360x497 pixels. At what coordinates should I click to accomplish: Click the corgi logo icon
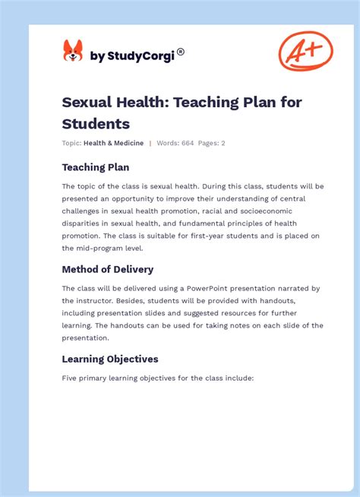click(73, 52)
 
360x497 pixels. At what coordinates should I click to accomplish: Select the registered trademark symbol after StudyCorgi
click(181, 52)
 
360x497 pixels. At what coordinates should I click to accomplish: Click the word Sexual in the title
click(89, 103)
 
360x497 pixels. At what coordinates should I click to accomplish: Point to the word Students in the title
click(96, 123)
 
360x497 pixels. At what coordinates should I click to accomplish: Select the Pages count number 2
click(223, 143)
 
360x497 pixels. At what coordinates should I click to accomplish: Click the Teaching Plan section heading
click(95, 167)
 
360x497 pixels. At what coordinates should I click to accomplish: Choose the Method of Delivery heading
click(107, 269)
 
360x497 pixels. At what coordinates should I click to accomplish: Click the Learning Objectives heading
click(110, 359)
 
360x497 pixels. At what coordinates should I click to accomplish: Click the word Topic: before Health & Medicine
click(71, 143)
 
